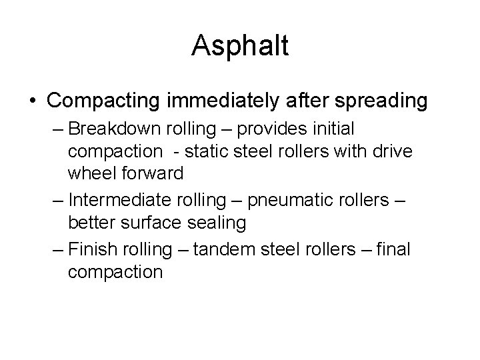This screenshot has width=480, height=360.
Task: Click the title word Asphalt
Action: tap(240, 45)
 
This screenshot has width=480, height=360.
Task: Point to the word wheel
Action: tap(90, 173)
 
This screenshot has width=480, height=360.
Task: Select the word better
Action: tap(90, 222)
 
